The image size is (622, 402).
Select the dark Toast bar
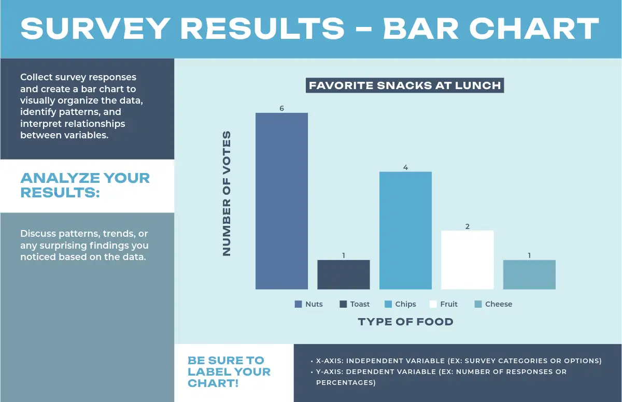(x=344, y=275)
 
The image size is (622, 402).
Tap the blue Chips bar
(x=405, y=231)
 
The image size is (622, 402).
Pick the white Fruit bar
(x=467, y=260)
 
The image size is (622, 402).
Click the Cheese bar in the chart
(x=529, y=275)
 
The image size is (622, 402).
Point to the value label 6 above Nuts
(x=281, y=108)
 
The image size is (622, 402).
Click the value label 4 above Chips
(x=405, y=167)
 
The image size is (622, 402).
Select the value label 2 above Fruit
(x=467, y=226)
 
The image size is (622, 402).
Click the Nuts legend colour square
(x=298, y=304)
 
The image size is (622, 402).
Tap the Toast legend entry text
(x=360, y=304)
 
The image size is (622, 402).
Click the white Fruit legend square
(x=433, y=304)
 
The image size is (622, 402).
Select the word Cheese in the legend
(x=499, y=304)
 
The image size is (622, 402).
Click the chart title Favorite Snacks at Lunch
(x=405, y=85)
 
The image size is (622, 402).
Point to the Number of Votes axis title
(x=227, y=193)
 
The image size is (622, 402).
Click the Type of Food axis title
(x=405, y=322)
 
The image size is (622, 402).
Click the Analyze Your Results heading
(x=85, y=185)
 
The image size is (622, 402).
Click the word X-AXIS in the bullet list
(x=330, y=361)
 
